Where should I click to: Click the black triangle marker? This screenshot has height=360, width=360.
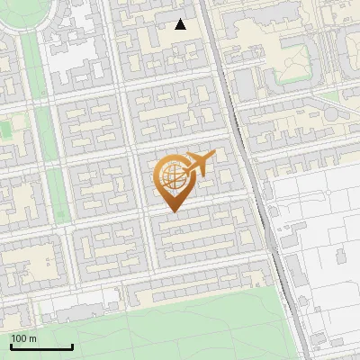pyautogui.click(x=181, y=24)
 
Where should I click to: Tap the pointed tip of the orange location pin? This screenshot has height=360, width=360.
pyautogui.click(x=172, y=211)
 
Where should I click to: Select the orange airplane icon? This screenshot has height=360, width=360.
pyautogui.click(x=199, y=164)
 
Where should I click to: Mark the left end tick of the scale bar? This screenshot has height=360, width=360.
pyautogui.click(x=11, y=346)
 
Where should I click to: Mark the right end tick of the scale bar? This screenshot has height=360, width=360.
pyautogui.click(x=72, y=346)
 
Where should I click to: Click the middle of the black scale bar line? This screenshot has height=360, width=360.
pyautogui.click(x=41, y=347)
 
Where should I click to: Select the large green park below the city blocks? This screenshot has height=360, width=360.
pyautogui.click(x=180, y=324)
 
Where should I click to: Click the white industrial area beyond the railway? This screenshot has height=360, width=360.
pyautogui.click(x=315, y=234)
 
